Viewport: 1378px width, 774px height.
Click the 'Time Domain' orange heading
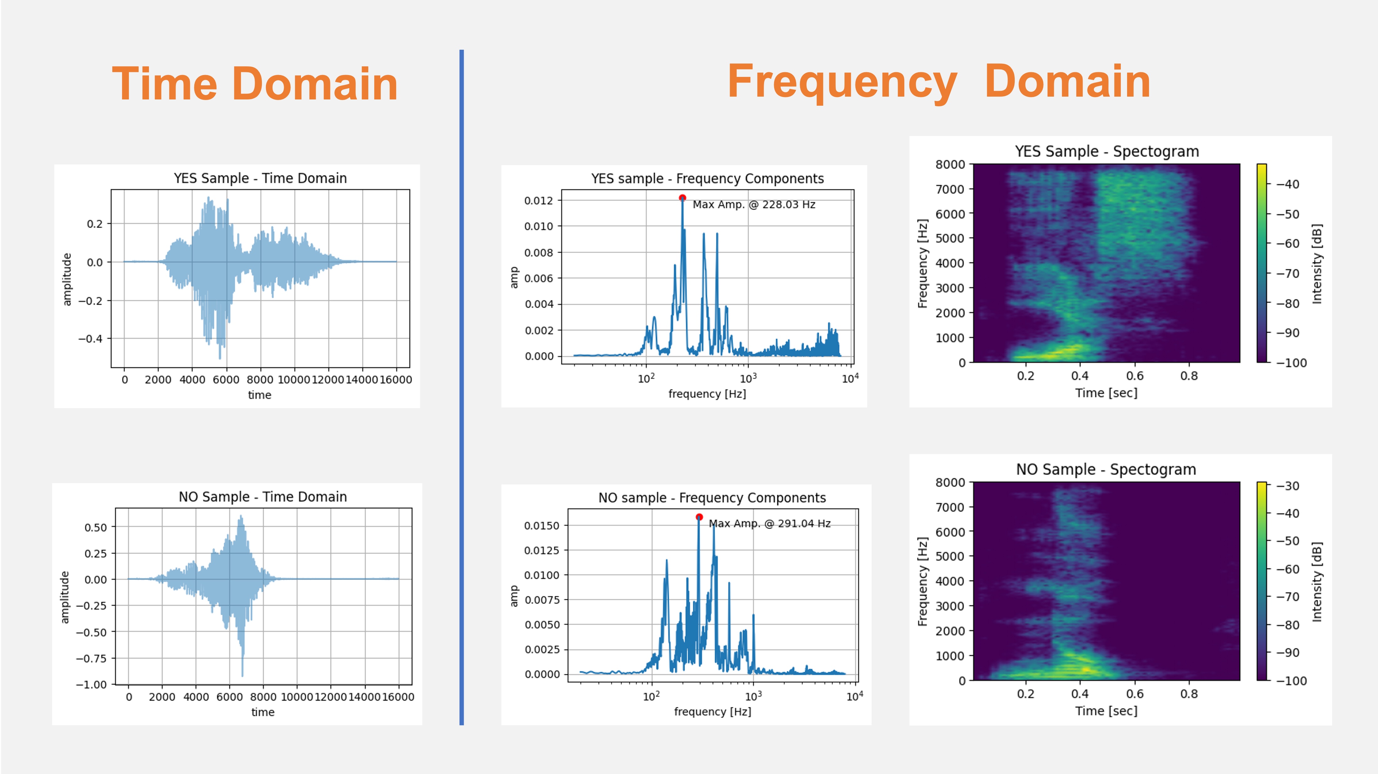pos(255,84)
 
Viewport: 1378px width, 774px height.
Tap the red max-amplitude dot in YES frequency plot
pos(682,198)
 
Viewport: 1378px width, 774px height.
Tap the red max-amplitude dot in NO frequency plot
pos(699,517)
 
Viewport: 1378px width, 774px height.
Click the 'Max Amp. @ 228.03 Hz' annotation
pos(754,205)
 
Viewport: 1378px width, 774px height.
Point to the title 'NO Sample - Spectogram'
pos(1106,469)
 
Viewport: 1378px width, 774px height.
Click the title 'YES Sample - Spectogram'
pos(1107,151)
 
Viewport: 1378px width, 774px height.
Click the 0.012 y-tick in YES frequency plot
pos(538,200)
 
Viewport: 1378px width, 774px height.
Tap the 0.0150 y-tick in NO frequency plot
pos(541,525)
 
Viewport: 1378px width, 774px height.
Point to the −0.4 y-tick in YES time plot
pos(90,339)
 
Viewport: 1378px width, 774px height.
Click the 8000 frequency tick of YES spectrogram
pos(950,164)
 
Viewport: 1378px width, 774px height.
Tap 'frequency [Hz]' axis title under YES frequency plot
pos(707,394)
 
